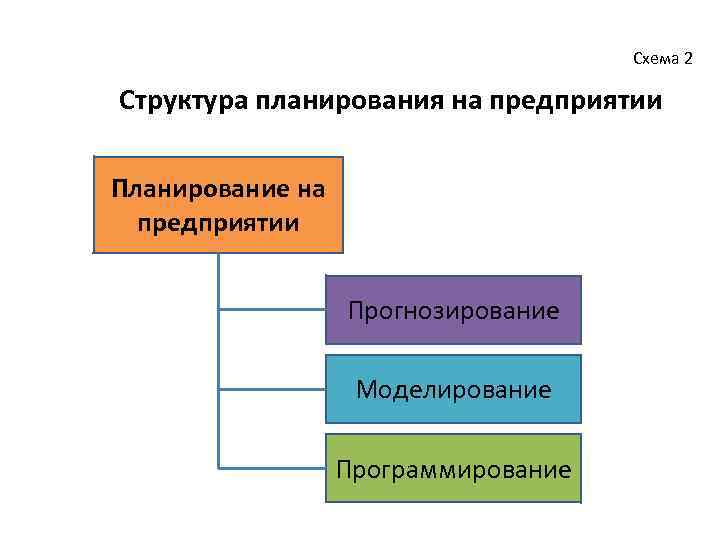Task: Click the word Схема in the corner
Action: (x=654, y=59)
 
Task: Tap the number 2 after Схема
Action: (x=687, y=59)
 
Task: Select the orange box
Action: (x=218, y=204)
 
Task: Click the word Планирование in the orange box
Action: (x=198, y=188)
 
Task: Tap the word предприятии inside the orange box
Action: (x=218, y=220)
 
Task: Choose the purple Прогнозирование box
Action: (x=454, y=310)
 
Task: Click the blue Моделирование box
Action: (x=454, y=388)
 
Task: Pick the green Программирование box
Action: (x=454, y=467)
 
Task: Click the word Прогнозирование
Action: (x=454, y=310)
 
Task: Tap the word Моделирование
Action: (x=454, y=389)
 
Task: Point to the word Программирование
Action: (x=454, y=468)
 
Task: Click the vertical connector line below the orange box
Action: (x=218, y=350)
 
